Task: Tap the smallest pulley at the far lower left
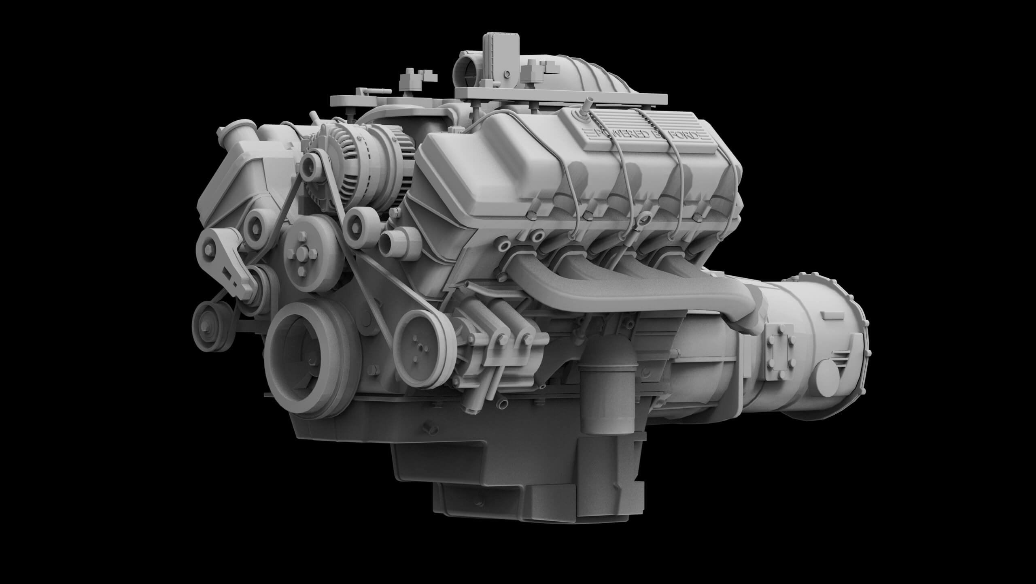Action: coord(208,316)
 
